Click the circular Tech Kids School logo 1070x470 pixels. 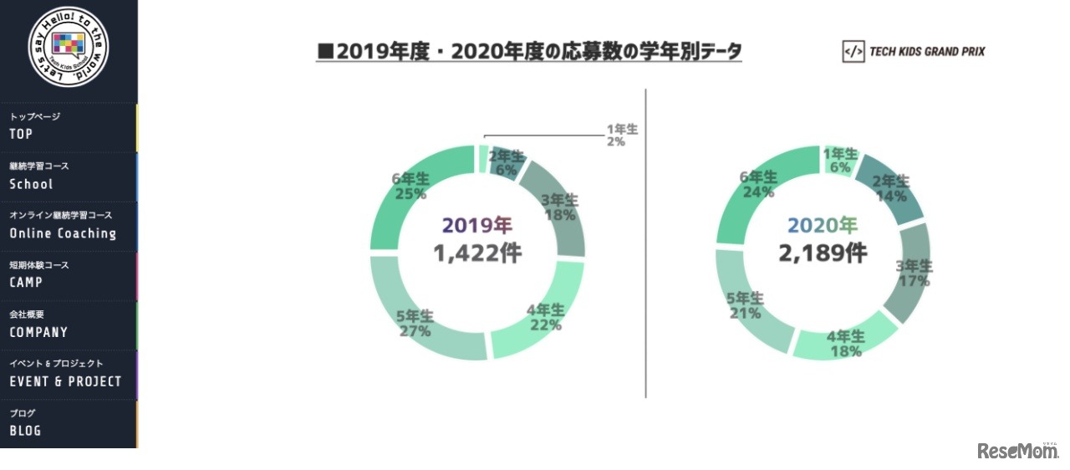tap(69, 46)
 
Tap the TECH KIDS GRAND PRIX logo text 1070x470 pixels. tap(914, 52)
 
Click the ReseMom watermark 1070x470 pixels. tap(1016, 451)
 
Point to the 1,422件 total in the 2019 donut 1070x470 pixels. tap(476, 253)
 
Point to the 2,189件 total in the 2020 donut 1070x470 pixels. tap(823, 253)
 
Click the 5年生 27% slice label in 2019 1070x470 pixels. tap(415, 324)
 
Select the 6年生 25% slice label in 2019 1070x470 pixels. tap(410, 186)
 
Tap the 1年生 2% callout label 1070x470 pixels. tap(621, 135)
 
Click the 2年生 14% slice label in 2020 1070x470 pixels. tap(891, 189)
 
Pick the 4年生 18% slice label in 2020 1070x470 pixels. tap(845, 344)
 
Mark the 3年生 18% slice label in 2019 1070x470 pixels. tap(559, 207)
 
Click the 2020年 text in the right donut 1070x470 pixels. tap(823, 225)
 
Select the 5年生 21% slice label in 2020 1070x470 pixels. tap(745, 305)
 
